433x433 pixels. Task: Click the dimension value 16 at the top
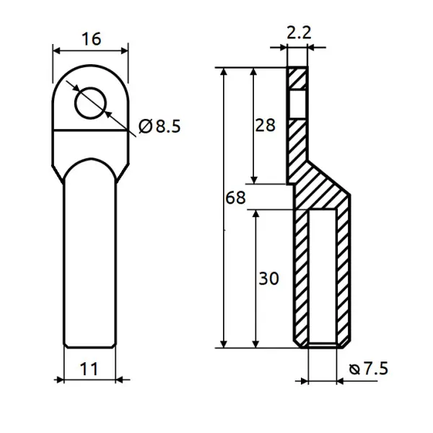[x=92, y=39]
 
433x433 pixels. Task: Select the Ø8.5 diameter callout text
[x=159, y=126]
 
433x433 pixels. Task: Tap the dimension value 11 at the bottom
[x=89, y=369]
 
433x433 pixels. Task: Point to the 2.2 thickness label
[x=299, y=32]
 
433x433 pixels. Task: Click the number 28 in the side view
[x=265, y=125]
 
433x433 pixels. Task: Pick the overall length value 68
[x=235, y=198]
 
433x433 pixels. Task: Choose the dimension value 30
[x=268, y=278]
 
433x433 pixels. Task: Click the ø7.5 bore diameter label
[x=368, y=368]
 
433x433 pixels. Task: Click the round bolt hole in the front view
[x=91, y=103]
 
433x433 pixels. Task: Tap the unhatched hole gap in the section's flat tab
[x=297, y=104]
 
